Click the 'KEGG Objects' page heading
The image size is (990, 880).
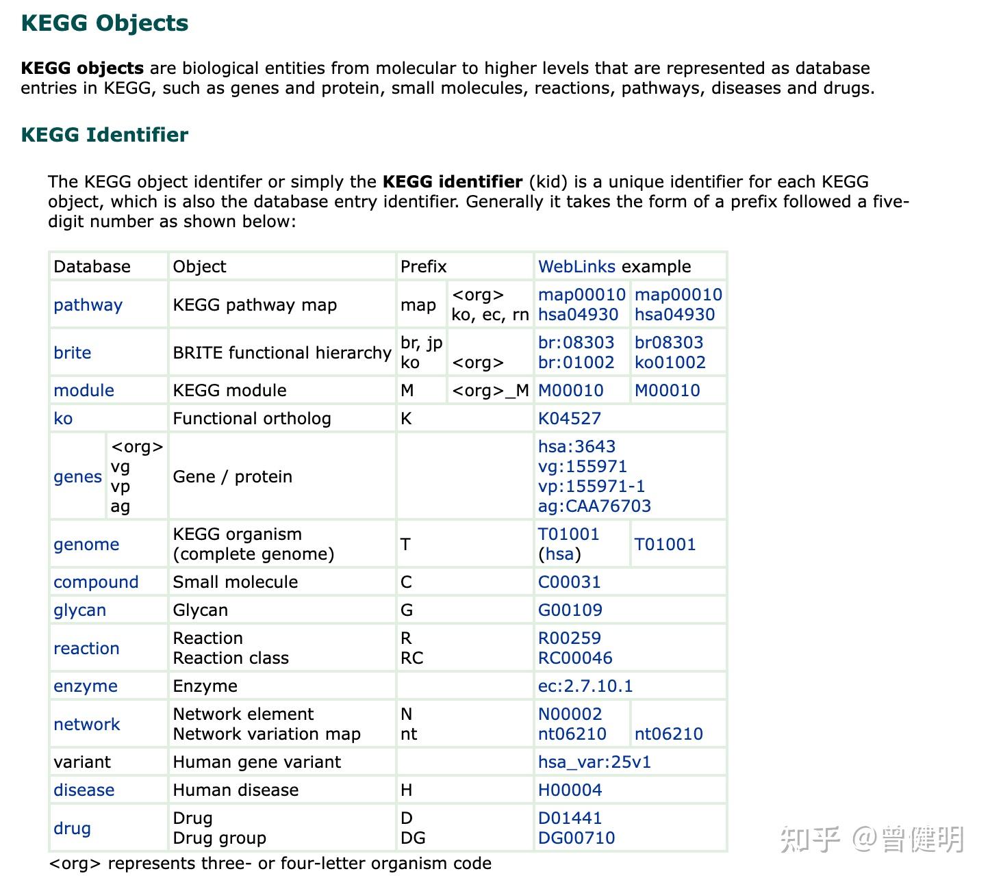(x=105, y=23)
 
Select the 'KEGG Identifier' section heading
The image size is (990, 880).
(x=105, y=135)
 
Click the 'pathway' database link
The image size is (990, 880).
(x=88, y=305)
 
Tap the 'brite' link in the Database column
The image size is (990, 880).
(x=72, y=353)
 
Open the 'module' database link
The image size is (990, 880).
(x=84, y=391)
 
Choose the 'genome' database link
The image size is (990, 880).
(x=86, y=545)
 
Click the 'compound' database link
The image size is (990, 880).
(x=96, y=582)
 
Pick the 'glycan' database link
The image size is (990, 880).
(x=79, y=610)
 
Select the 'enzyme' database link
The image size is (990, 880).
(x=86, y=686)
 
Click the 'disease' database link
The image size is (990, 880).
(x=84, y=790)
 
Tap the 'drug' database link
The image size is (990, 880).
(x=72, y=829)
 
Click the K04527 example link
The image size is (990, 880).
(x=569, y=419)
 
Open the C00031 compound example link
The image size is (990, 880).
(x=569, y=582)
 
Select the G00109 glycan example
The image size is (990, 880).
(x=570, y=610)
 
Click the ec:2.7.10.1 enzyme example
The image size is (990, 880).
(x=585, y=686)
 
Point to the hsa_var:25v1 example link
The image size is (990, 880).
(x=594, y=762)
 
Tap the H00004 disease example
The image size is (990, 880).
(x=570, y=790)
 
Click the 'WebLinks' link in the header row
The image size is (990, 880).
(x=577, y=267)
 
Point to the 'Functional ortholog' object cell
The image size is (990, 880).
(x=252, y=419)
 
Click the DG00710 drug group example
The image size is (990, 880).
(x=576, y=838)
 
